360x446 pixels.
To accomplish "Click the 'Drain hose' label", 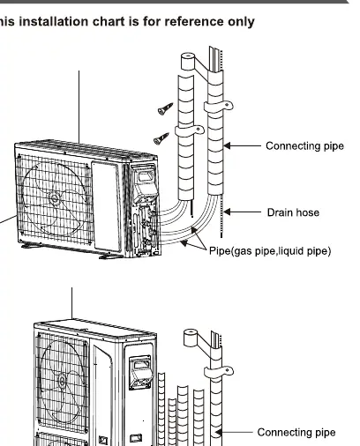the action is (x=293, y=212).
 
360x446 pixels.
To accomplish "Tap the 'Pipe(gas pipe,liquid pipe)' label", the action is (x=270, y=251).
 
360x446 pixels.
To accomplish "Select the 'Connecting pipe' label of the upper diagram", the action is (x=304, y=146).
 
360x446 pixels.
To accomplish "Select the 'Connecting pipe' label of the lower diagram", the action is (x=296, y=432).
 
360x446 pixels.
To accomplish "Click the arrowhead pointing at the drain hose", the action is (x=227, y=212).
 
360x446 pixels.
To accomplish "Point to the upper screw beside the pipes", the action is (x=165, y=108).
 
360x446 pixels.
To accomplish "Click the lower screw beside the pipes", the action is (x=161, y=138).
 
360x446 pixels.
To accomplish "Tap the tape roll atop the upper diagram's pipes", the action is (x=188, y=62).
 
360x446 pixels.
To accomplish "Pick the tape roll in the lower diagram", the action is (x=191, y=338).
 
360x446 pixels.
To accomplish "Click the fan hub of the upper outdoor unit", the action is (x=54, y=198).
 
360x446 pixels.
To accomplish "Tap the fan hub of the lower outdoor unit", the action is (x=62, y=382).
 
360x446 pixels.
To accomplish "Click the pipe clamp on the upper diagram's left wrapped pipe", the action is (x=190, y=130).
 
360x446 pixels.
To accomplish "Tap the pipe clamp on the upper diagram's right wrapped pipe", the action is (x=219, y=107).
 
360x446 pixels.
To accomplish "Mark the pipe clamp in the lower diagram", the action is (x=219, y=372).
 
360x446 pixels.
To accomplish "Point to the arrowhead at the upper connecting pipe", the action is (x=227, y=145).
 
